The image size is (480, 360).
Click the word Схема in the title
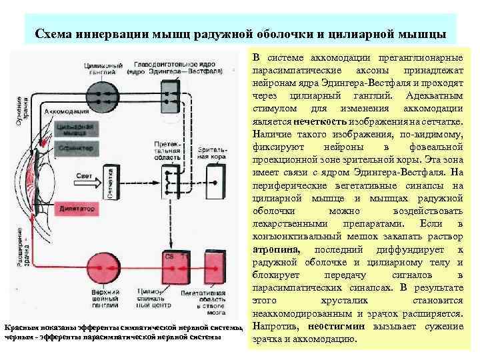click(x=54, y=34)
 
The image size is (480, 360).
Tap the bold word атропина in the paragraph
click(x=275, y=249)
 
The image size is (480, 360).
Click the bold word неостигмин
click(x=336, y=327)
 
